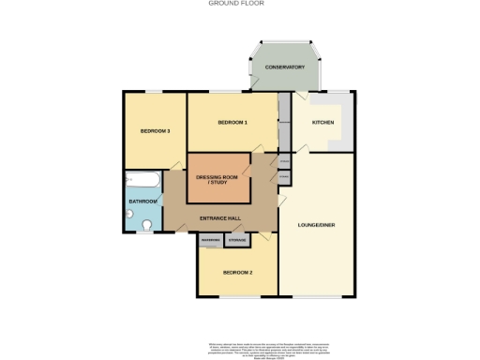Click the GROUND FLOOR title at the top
(236, 4)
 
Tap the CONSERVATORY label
(285, 67)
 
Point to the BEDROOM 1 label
(232, 123)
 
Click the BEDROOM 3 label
(155, 131)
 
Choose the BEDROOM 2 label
(237, 272)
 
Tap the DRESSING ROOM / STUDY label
(217, 179)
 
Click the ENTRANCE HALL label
(221, 218)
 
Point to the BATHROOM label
(142, 202)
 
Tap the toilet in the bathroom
(147, 224)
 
